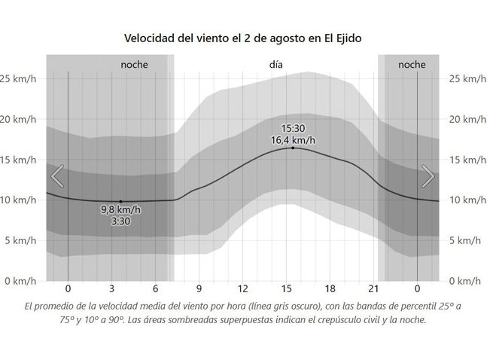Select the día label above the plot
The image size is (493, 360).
(276, 65)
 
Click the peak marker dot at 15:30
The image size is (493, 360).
(293, 148)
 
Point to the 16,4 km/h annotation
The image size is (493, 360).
(293, 139)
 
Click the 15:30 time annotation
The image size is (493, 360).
(293, 128)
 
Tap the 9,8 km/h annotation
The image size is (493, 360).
(120, 210)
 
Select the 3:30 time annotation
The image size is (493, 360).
(120, 221)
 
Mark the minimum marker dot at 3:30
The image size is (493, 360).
(120, 202)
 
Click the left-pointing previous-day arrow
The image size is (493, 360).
(57, 175)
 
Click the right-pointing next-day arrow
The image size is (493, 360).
(428, 175)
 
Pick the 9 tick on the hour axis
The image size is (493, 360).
(199, 288)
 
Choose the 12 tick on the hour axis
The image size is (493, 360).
(243, 288)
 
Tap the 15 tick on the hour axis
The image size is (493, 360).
(287, 288)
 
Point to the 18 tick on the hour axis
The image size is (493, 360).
(330, 288)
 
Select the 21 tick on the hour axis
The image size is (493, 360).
(373, 288)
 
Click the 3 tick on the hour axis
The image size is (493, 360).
(112, 288)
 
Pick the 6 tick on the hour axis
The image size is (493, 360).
(156, 288)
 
